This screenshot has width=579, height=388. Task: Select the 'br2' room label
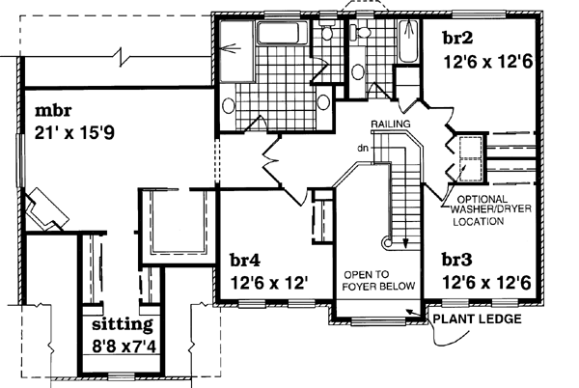tap(457, 40)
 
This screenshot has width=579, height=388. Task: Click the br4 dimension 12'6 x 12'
tap(269, 283)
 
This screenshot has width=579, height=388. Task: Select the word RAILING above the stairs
tap(390, 125)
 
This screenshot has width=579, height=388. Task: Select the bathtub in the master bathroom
tap(279, 37)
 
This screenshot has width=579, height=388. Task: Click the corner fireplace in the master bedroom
tap(44, 208)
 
